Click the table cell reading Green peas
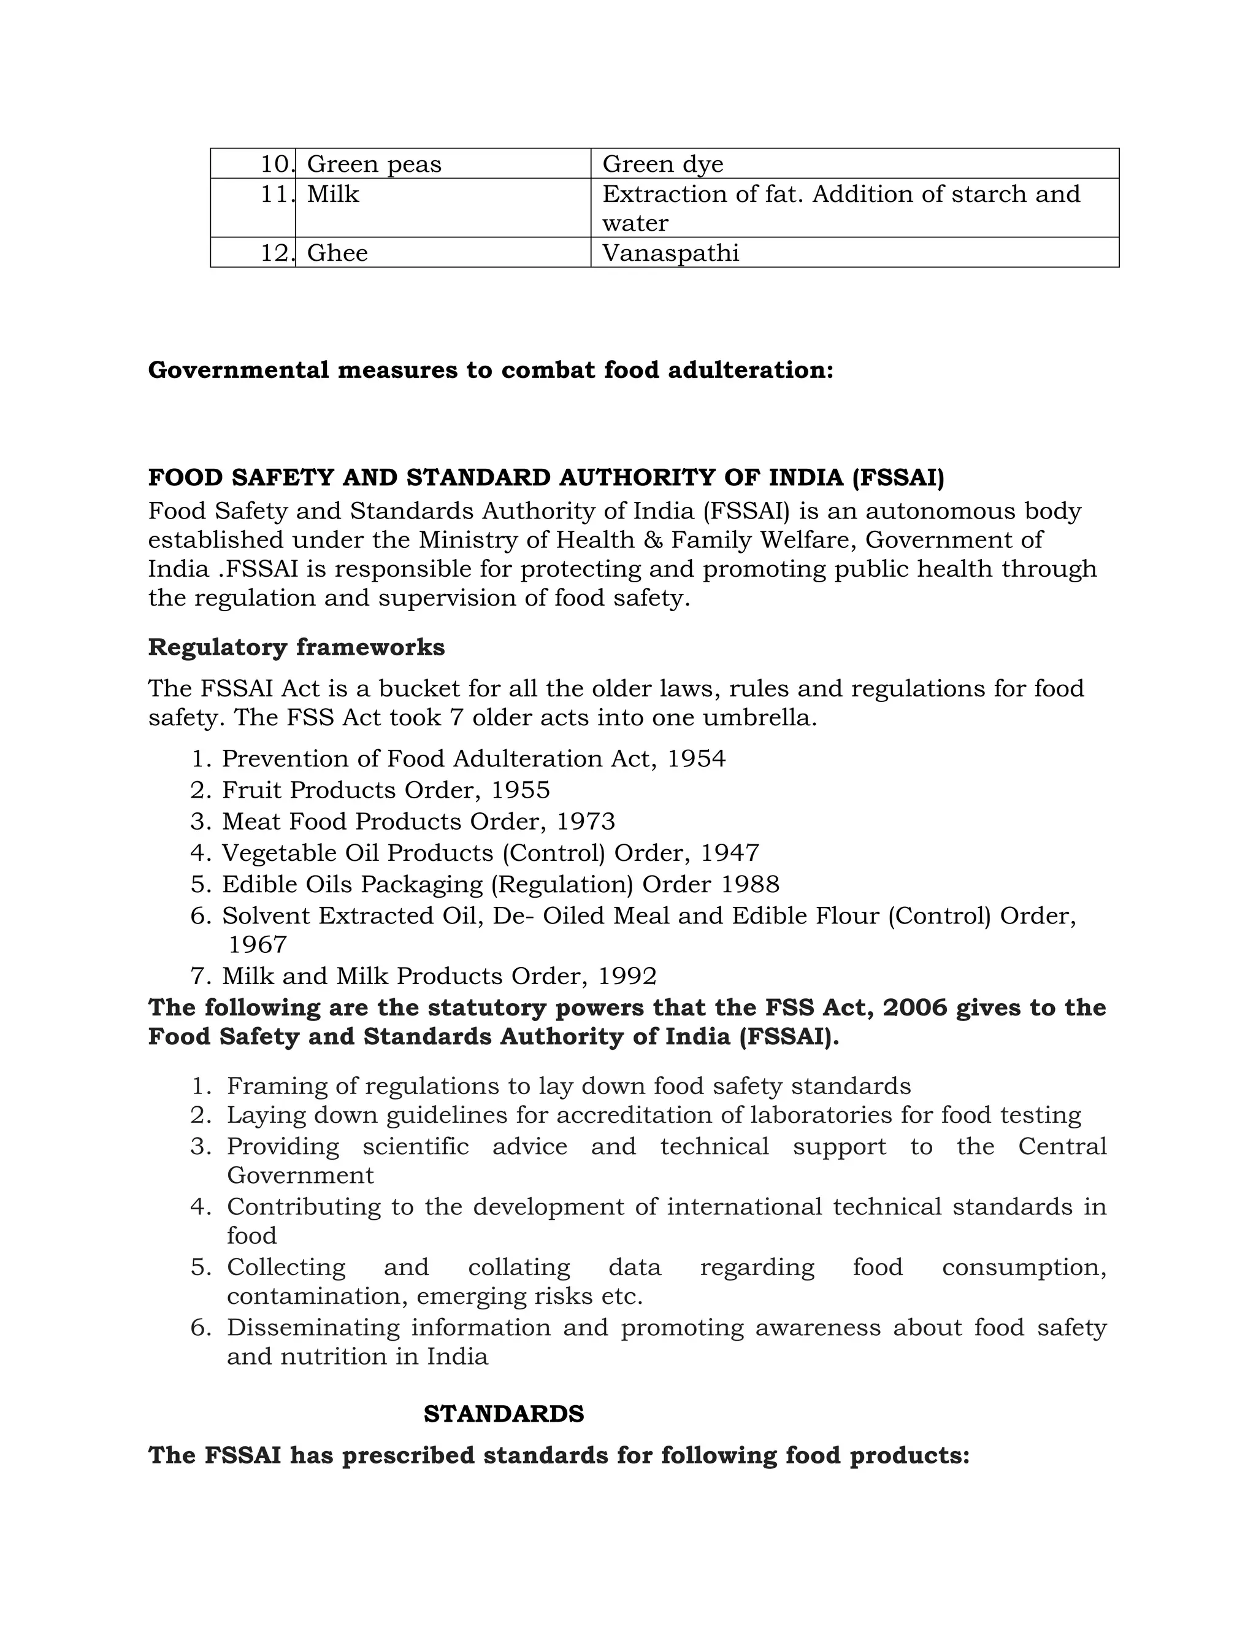pyautogui.click(x=373, y=164)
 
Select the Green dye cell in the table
pyautogui.click(x=662, y=164)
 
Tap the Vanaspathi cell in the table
pyautogui.click(x=670, y=253)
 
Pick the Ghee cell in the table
pyautogui.click(x=337, y=253)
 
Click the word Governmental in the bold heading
pyautogui.click(x=238, y=370)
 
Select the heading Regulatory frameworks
pyautogui.click(x=296, y=647)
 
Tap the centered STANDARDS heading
pyautogui.click(x=504, y=1414)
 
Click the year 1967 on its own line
pyautogui.click(x=258, y=945)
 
